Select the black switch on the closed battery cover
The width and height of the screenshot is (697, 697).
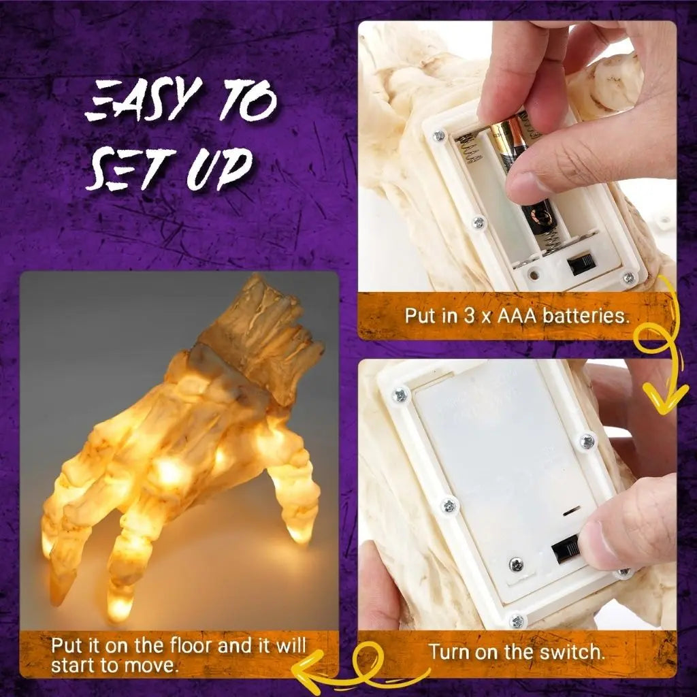(564, 549)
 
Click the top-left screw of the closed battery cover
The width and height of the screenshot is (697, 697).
(399, 394)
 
